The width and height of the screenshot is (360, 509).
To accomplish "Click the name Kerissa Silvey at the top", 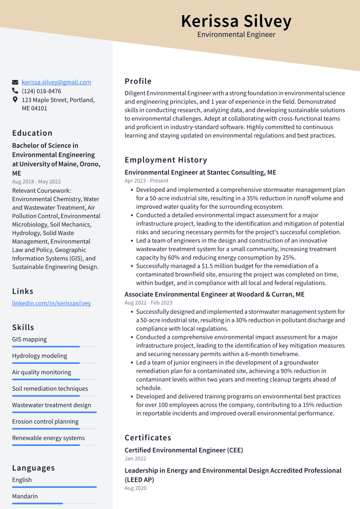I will (x=236, y=21).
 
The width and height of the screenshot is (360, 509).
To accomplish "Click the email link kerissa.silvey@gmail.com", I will (x=56, y=82).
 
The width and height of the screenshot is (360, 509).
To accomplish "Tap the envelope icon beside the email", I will (x=15, y=82).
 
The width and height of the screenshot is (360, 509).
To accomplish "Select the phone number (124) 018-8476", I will (x=41, y=91).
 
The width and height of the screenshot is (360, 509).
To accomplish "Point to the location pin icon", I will (x=15, y=100).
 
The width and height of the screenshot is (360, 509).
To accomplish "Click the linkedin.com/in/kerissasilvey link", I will (x=51, y=303).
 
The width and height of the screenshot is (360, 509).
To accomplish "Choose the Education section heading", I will (x=32, y=133).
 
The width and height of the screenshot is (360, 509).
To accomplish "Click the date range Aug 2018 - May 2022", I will (x=36, y=182).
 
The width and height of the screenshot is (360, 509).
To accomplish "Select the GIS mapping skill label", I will (x=29, y=339).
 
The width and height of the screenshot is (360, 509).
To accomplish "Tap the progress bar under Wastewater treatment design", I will (x=54, y=412).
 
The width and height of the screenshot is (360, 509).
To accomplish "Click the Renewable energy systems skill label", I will (x=48, y=438).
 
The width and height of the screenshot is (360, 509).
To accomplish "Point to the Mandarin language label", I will (x=25, y=496).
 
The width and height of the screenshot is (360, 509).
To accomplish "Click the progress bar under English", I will (x=54, y=487).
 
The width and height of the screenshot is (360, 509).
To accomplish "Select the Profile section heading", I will (x=138, y=81).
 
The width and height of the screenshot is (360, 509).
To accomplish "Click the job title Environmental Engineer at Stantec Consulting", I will (x=200, y=172).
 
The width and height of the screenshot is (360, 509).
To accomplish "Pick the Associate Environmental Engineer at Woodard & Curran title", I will (x=214, y=294).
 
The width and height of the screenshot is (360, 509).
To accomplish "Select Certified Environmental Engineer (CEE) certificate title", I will (x=184, y=450).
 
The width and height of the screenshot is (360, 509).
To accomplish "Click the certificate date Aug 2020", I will (x=136, y=488).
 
